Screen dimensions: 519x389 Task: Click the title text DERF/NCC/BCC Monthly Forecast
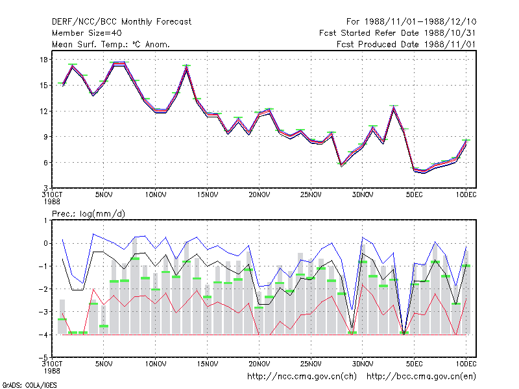coord(121,22)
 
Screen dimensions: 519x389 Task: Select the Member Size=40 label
coord(87,33)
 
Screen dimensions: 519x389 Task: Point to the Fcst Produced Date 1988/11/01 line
coord(406,44)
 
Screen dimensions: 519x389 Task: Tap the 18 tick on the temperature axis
coord(43,60)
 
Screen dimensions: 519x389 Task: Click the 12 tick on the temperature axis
coord(43,111)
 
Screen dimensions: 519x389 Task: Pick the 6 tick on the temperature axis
coord(45,163)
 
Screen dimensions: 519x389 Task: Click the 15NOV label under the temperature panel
coord(208,194)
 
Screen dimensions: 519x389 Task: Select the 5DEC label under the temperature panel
coord(415,194)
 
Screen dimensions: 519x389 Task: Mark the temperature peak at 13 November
coord(187,65)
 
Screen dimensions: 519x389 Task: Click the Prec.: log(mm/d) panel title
coord(88,214)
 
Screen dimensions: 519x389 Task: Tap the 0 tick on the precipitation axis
coord(45,244)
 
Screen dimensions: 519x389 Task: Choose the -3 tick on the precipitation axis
coord(43,312)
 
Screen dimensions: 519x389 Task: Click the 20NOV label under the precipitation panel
coord(259,364)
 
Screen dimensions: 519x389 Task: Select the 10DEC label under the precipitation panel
coord(466,364)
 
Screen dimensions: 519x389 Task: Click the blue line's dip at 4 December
coord(404,334)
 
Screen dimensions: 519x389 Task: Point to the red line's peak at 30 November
coord(363,285)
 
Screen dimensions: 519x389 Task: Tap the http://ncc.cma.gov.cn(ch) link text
coord(302,377)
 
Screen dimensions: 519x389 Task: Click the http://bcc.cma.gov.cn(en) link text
coord(421,377)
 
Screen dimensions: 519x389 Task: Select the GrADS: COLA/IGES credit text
coord(29,385)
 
